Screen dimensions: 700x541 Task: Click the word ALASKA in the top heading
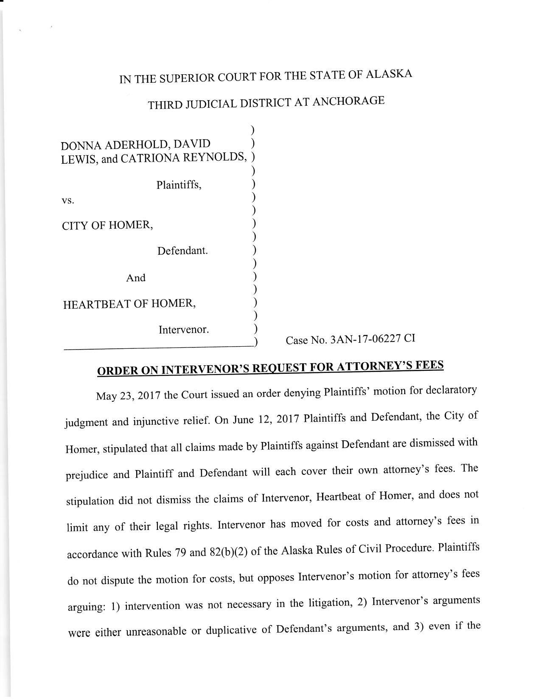click(x=389, y=74)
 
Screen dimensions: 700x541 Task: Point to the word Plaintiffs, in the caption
click(x=179, y=185)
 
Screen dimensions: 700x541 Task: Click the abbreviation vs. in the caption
click(x=68, y=201)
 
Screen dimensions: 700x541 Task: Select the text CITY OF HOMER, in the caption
click(x=107, y=225)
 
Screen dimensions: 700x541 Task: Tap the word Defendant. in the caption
click(x=182, y=251)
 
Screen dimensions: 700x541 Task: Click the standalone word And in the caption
click(x=136, y=278)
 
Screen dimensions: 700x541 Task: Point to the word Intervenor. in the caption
click(x=183, y=330)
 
